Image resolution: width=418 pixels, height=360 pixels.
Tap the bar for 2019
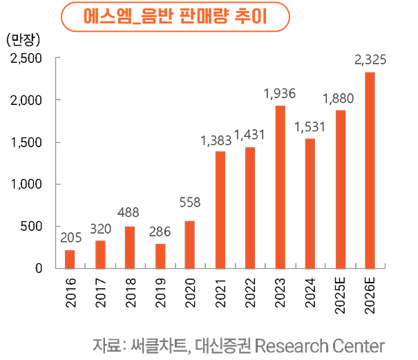point(160,256)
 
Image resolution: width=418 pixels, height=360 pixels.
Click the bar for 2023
point(280,187)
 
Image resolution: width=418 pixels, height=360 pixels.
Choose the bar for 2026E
point(370,170)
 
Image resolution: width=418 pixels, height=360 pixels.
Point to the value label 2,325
point(370,61)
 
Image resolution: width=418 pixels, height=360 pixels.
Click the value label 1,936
point(280,94)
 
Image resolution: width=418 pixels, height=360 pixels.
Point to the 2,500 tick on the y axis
point(27,58)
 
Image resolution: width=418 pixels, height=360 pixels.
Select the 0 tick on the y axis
point(40,268)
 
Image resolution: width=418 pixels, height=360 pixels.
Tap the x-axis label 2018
point(130,293)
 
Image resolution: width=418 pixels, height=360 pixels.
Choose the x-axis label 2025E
point(340,296)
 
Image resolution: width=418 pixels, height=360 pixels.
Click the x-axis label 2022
point(250,293)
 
